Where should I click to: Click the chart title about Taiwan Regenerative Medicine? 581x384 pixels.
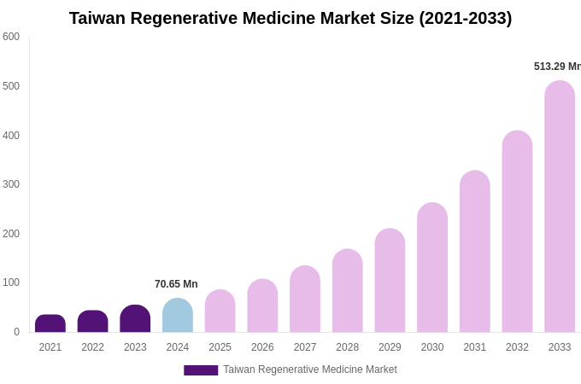(x=290, y=18)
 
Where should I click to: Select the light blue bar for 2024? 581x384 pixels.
(x=178, y=316)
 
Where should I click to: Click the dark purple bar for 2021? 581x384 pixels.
(x=50, y=323)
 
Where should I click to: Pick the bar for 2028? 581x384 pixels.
(x=348, y=291)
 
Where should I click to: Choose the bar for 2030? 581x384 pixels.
(x=432, y=268)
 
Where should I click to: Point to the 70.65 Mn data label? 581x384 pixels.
(x=176, y=284)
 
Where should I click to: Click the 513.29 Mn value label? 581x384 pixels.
(x=557, y=67)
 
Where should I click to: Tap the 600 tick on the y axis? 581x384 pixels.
(x=11, y=37)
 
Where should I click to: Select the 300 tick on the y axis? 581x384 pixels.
(x=11, y=184)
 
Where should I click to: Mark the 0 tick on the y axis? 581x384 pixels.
(x=16, y=332)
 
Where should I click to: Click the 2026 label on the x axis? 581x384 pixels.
(x=262, y=347)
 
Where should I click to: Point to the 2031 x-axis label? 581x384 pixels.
(x=475, y=347)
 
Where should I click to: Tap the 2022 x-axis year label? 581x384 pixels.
(x=93, y=347)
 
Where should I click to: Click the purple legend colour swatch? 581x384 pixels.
(x=201, y=370)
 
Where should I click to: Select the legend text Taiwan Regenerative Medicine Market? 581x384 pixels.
(x=310, y=369)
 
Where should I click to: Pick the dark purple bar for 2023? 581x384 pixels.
(x=135, y=319)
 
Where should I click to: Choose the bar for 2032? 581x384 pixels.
(x=517, y=232)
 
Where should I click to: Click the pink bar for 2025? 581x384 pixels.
(x=220, y=311)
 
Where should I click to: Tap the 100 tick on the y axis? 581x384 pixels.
(x=11, y=282)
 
